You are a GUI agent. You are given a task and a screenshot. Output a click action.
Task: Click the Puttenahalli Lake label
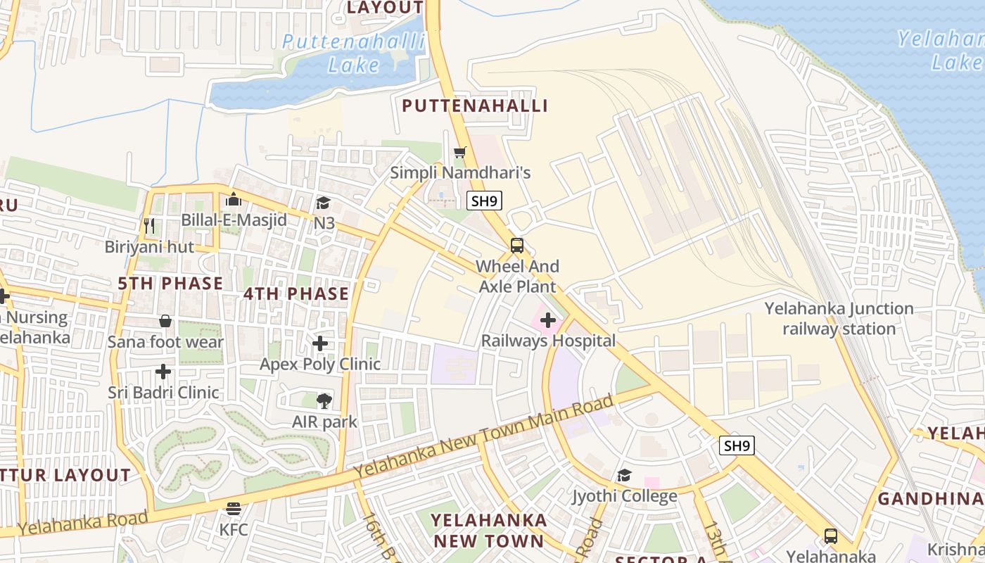tap(353, 53)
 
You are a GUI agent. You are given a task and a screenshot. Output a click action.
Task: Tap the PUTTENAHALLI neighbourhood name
tap(474, 106)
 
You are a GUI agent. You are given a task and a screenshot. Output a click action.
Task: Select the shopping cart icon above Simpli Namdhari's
tap(460, 152)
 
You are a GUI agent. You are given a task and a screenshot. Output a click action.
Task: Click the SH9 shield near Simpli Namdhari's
tap(484, 201)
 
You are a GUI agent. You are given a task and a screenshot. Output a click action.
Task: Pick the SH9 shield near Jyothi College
tap(737, 445)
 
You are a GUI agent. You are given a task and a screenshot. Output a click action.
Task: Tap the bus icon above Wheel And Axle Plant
tap(517, 246)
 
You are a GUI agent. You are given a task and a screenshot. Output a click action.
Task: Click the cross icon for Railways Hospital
tap(548, 321)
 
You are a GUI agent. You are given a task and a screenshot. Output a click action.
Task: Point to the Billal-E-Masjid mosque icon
tap(234, 200)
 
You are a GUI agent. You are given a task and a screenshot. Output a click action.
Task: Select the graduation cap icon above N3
tap(323, 203)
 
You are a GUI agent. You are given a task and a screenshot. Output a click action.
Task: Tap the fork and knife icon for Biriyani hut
tap(148, 226)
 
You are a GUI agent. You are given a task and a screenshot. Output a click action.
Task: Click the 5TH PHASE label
tap(170, 284)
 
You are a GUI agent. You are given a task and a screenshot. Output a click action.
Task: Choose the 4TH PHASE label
tap(296, 293)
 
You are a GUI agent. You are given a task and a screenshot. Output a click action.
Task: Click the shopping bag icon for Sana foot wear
tap(165, 321)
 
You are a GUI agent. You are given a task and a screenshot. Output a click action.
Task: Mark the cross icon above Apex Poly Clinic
tap(320, 343)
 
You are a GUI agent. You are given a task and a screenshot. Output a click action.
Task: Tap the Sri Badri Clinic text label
tap(163, 392)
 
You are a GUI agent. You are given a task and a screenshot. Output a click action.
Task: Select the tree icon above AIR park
tap(324, 401)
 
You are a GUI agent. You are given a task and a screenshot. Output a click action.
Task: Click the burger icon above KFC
tap(234, 508)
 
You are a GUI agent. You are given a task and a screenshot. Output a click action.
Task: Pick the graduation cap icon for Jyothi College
tap(624, 476)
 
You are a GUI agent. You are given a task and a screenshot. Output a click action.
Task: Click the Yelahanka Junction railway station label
tap(839, 318)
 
